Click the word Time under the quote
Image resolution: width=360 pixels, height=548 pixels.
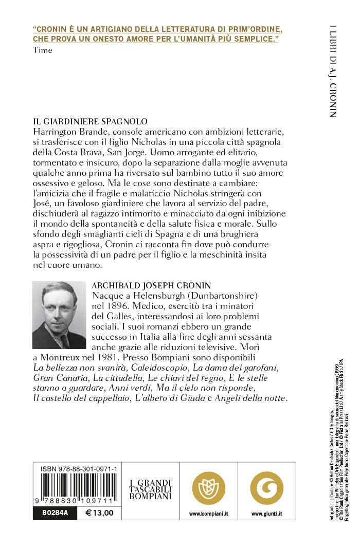tap(42, 50)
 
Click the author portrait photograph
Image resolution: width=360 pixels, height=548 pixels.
tap(59, 315)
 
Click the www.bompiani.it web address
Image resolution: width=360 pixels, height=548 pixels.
tap(209, 514)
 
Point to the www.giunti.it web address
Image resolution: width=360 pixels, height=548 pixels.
tap(267, 514)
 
